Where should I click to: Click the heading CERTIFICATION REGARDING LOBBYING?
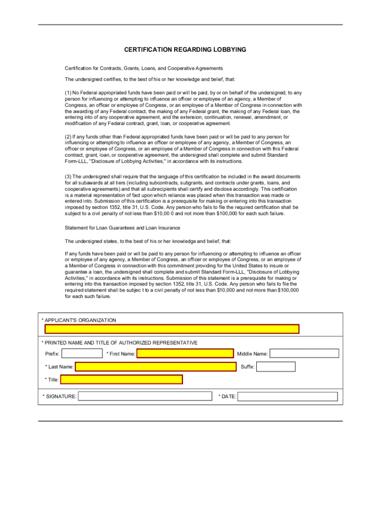pos(185,50)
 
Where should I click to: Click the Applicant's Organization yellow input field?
pos(172,329)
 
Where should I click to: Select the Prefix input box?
pos(82,353)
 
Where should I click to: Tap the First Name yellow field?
pos(185,353)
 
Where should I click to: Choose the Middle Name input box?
pos(304,353)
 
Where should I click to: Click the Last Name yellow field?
pos(155,367)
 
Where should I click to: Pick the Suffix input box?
pos(276,367)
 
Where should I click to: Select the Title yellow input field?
pos(121,379)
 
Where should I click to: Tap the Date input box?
pos(288,396)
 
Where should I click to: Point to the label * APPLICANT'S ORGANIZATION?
pos(79,320)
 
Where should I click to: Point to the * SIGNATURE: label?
pos(59,396)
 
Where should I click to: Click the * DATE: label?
pos(227,396)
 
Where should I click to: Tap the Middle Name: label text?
pos(252,354)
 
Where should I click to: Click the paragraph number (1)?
pos(68,92)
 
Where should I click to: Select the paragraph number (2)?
pos(68,136)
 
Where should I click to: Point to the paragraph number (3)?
pos(68,176)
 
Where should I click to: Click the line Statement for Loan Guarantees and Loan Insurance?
pos(123,228)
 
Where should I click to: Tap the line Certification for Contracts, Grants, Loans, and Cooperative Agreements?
pos(144,68)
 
